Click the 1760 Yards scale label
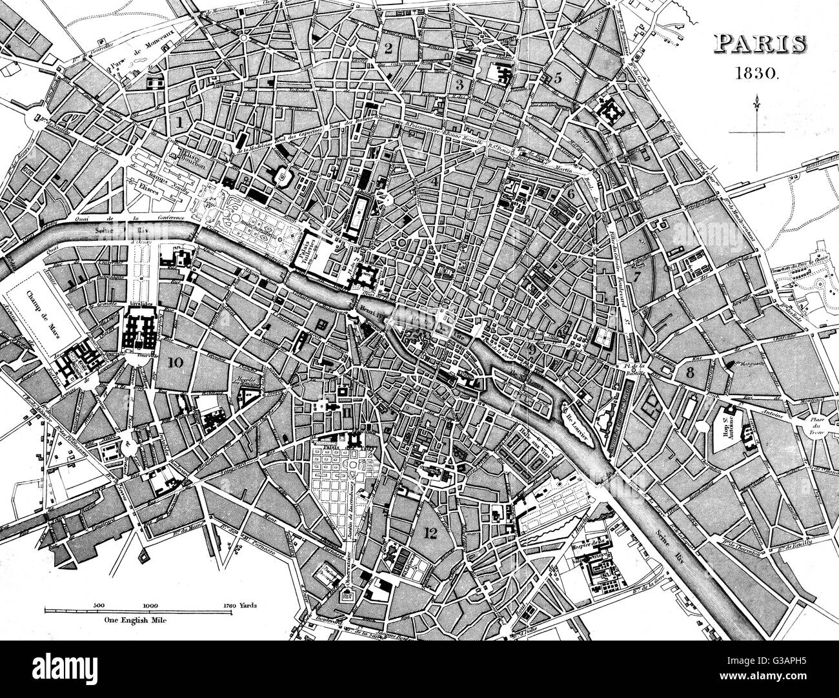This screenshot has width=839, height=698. coord(239,605)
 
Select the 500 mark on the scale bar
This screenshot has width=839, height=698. coord(99,605)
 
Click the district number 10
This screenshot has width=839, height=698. coord(174,362)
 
